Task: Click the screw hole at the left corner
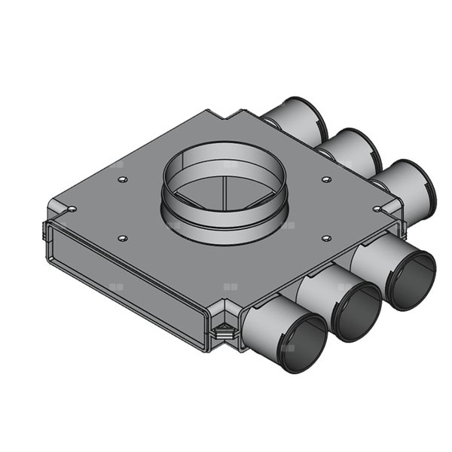(71, 209)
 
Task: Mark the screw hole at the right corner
(377, 209)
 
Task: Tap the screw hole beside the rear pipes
(325, 179)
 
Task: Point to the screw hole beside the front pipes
(325, 239)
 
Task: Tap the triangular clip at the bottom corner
(223, 328)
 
